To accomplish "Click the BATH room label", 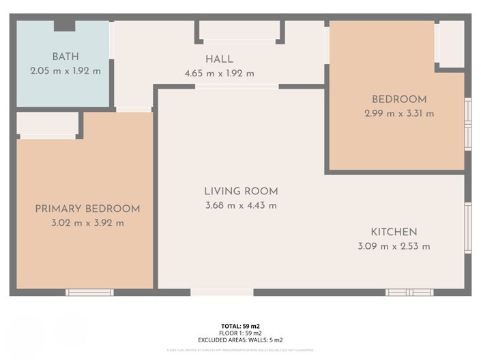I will click(65, 57).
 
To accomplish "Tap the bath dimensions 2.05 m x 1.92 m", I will click(65, 71).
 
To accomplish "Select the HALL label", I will click(219, 59).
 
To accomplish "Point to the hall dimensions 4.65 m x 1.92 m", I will click(219, 74).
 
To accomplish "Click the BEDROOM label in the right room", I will click(399, 100).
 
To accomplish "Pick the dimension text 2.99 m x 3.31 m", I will click(399, 114).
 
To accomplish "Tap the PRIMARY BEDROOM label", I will click(87, 209).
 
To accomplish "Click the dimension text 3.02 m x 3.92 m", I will click(87, 223).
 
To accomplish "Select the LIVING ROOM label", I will click(241, 192).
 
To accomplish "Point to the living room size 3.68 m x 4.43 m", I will click(241, 206).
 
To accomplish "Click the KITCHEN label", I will click(394, 232).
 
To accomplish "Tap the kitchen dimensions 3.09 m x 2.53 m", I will click(394, 246).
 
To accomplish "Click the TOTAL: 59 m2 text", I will click(240, 327).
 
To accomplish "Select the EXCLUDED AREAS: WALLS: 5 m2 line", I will click(240, 340).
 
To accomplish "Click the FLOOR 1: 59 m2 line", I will click(240, 333).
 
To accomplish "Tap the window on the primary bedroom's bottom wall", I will click(89, 292).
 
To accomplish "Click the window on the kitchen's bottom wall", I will click(409, 292).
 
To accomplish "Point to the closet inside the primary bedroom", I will click(47, 124).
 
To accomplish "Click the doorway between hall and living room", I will click(237, 87).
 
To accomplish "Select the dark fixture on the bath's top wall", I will click(65, 25).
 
